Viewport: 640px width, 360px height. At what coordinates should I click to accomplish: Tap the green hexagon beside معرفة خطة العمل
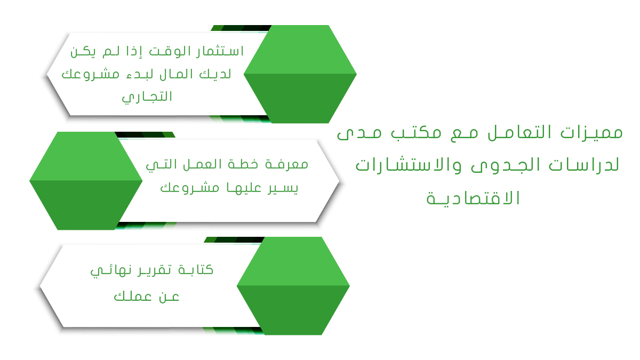(x=86, y=181)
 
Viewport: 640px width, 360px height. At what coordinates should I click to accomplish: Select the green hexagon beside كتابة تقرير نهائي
(x=293, y=286)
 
